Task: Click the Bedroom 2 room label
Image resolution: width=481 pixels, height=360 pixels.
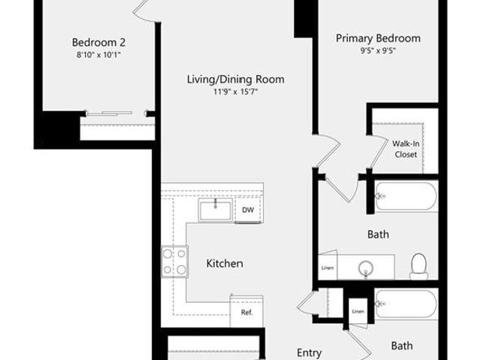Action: (98, 42)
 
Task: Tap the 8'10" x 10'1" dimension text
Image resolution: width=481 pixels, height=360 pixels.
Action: (98, 55)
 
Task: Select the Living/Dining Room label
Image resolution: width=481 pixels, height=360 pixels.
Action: (235, 80)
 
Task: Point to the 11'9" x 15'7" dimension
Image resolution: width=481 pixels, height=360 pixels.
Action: (235, 92)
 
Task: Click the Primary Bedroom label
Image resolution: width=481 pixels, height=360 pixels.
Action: (378, 38)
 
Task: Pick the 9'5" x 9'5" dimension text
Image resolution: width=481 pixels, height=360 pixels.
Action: (378, 50)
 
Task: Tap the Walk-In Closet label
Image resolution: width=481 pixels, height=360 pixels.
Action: (406, 149)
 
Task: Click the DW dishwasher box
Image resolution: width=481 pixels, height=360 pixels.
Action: (248, 210)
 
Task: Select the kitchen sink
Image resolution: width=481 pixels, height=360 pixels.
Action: (216, 210)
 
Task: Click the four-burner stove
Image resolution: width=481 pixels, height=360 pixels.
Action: (174, 262)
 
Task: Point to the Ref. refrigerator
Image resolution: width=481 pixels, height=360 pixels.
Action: (247, 312)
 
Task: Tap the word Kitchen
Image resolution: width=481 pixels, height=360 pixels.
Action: (225, 263)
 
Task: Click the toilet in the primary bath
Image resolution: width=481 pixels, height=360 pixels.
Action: (419, 266)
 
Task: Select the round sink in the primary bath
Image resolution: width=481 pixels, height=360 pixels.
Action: (365, 268)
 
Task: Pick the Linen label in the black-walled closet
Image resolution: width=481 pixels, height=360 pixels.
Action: (358, 312)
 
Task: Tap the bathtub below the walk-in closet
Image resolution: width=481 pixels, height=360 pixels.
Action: (406, 196)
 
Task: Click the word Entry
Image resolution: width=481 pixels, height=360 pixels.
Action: (309, 353)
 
